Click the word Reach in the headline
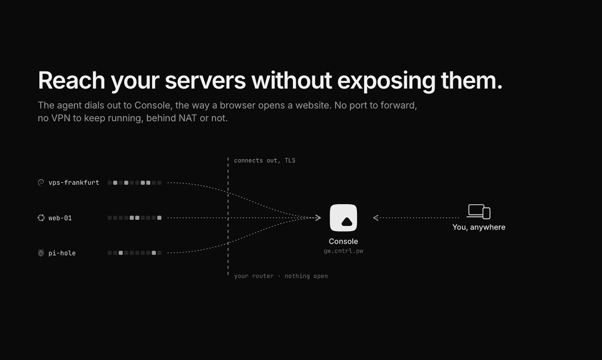coord(71,81)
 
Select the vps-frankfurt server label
coord(73,183)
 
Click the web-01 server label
coord(60,218)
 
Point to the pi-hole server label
coord(62,253)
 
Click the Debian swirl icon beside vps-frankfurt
coord(41,183)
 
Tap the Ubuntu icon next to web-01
coord(41,218)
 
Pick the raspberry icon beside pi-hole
coord(41,253)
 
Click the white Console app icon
coord(344,217)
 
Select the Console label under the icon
coord(344,241)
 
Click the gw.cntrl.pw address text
coord(344,251)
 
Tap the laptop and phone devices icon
coord(479,212)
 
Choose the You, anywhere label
coord(479,227)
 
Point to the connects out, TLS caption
coord(265,161)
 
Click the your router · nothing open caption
coord(281,276)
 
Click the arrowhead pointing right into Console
coord(319,217)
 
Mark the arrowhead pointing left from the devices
coord(376,217)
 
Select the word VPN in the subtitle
coord(61,118)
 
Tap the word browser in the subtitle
coord(237,105)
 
